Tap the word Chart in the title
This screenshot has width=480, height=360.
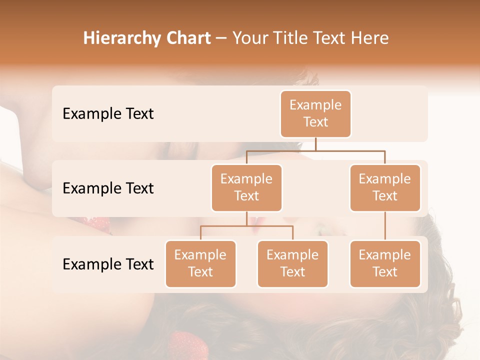pos(188,38)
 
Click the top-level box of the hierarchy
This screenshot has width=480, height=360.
pos(315,113)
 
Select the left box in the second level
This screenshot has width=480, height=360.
pos(246,187)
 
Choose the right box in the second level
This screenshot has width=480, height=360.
pos(385,187)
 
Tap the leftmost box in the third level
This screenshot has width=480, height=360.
pos(200,263)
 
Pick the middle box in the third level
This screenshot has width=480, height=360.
pos(292,263)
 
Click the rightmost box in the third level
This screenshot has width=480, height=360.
pos(385,263)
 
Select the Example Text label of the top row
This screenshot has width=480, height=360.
pos(108,114)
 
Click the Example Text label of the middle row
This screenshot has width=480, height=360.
pos(108,188)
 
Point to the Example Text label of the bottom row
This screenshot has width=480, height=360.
pos(108,264)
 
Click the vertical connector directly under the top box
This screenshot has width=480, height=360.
pos(315,144)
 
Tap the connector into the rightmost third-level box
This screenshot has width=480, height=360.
pos(385,225)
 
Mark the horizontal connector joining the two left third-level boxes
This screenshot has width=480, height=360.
pos(246,226)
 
